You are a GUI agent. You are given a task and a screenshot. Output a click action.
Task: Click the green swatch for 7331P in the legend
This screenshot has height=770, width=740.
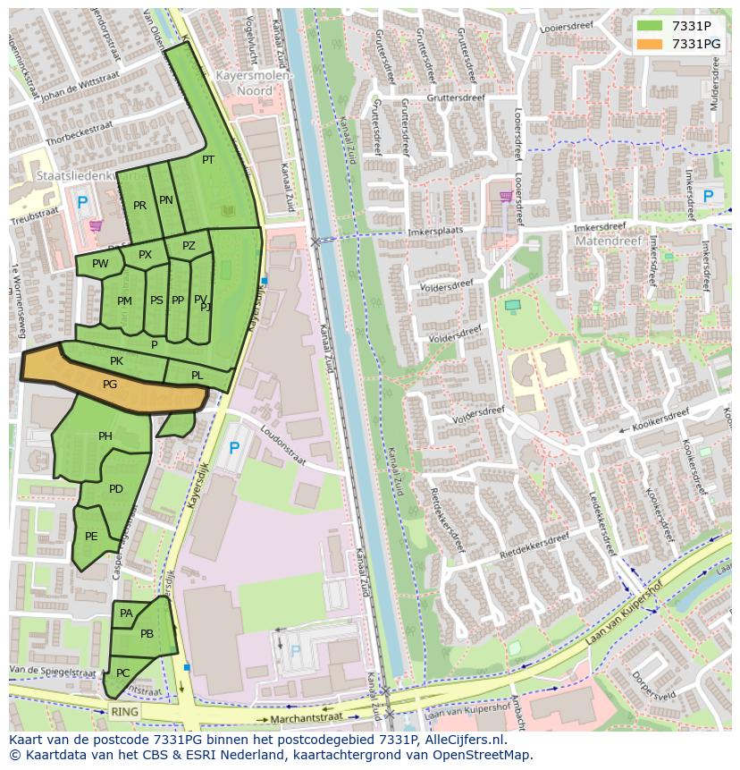click(x=650, y=25)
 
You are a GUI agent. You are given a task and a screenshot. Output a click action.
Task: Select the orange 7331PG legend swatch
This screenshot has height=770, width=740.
click(x=650, y=44)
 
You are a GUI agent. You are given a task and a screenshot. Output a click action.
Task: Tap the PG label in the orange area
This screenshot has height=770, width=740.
click(x=110, y=385)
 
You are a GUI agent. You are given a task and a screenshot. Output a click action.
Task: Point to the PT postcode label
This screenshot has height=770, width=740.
click(x=208, y=160)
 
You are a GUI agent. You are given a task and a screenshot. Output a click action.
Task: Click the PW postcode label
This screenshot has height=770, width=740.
click(x=100, y=264)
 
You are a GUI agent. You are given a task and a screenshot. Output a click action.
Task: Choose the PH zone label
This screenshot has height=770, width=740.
click(x=105, y=436)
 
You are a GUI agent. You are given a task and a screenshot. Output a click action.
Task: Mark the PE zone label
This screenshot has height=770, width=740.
click(x=91, y=537)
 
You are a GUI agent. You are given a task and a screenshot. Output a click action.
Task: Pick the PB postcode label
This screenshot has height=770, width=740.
click(x=147, y=634)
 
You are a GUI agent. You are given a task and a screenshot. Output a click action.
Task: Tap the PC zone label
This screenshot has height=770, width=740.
click(x=123, y=673)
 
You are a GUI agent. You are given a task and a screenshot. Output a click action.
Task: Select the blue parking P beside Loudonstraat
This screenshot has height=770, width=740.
click(x=234, y=448)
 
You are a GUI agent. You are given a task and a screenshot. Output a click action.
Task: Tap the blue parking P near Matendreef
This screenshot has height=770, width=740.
click(x=708, y=196)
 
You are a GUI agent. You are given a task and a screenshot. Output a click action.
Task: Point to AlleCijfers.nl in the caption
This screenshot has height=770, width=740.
click(x=463, y=740)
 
